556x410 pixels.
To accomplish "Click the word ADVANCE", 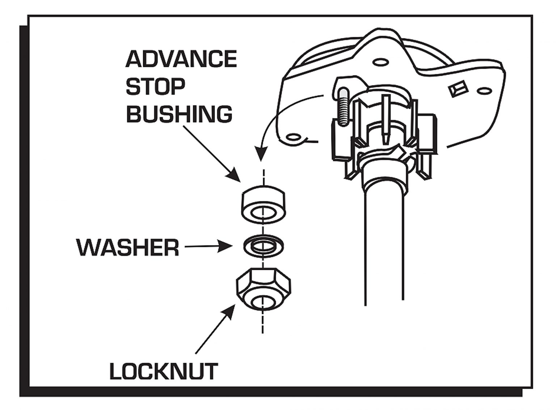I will [x=181, y=59].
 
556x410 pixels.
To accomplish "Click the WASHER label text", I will [x=128, y=248].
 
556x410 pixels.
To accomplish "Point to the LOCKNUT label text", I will [x=164, y=371].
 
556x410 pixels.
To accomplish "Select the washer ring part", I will [x=264, y=246].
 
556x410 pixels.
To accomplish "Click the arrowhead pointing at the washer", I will [x=227, y=247].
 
